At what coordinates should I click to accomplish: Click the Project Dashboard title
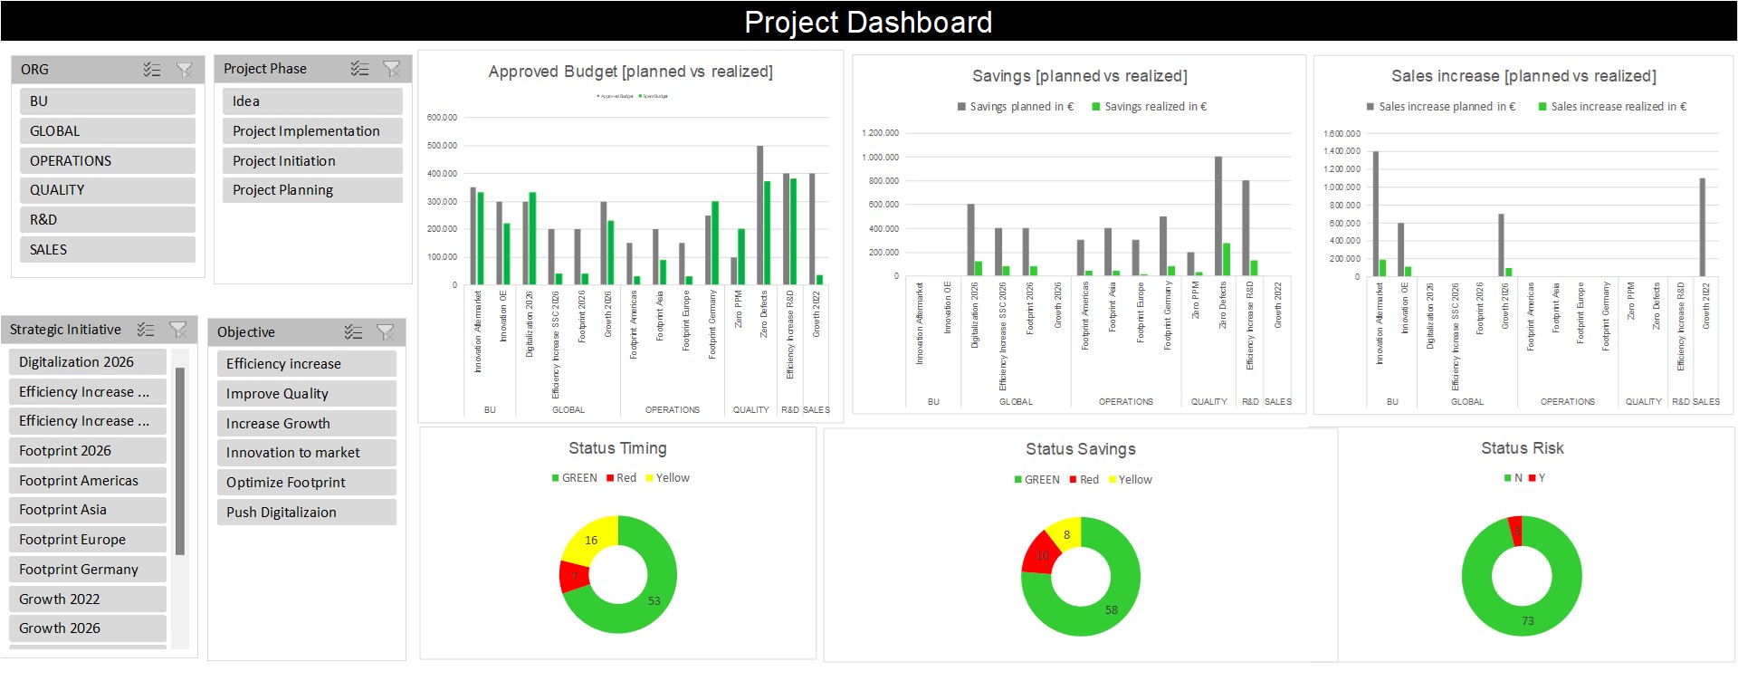click(868, 22)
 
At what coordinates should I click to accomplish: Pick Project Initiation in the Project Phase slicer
click(311, 161)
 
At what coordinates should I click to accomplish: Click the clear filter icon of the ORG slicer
click(184, 70)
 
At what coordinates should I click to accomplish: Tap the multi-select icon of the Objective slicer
click(353, 332)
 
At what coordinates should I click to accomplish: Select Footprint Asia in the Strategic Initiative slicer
click(88, 510)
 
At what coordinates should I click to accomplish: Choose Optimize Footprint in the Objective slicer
click(306, 483)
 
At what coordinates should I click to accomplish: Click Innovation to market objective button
click(306, 453)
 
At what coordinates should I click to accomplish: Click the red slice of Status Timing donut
click(573, 576)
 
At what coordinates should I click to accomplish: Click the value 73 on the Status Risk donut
click(1527, 621)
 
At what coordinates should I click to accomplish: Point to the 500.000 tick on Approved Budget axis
click(442, 146)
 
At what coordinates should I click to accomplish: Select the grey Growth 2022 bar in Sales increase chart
click(1702, 226)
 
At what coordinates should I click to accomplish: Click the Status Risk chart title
click(1522, 448)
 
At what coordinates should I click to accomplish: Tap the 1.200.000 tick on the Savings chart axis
click(880, 133)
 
